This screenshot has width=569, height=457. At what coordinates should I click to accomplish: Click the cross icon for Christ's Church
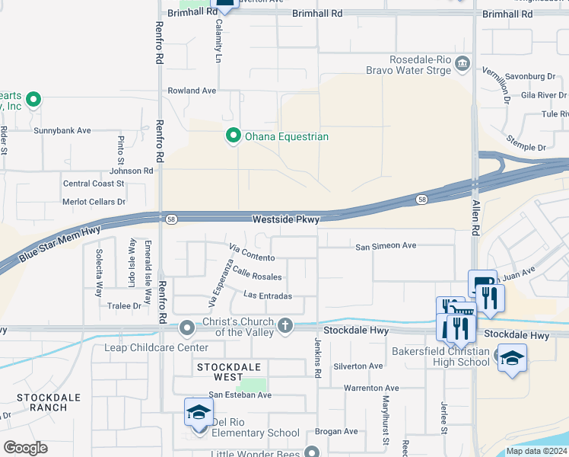[285, 325]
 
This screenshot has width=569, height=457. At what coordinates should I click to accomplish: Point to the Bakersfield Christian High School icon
[512, 357]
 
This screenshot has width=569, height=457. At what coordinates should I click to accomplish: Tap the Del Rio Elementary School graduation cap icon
[199, 412]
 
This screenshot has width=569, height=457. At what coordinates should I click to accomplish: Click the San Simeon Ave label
[386, 246]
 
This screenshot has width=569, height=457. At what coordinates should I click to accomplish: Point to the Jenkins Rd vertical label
[318, 357]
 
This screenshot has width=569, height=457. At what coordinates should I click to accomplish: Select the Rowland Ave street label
[192, 90]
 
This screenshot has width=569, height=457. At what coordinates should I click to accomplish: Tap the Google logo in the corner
[24, 447]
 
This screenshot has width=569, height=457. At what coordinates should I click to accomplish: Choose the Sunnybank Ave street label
[62, 130]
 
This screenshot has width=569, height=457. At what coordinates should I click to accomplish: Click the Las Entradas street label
[268, 296]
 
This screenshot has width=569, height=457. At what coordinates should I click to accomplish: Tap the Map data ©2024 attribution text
[536, 451]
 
